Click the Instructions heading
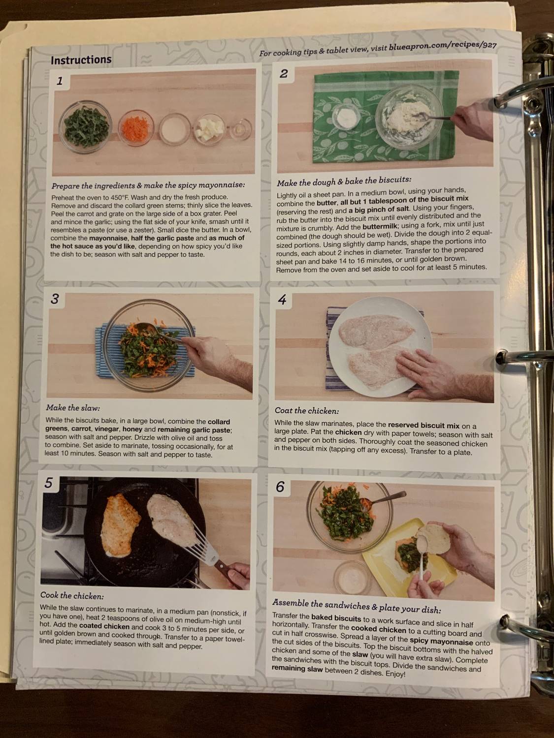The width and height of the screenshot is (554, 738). click(81, 60)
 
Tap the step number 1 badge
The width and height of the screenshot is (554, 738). click(60, 81)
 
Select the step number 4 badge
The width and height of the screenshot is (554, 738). click(282, 300)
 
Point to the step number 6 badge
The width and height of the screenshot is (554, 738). click(280, 487)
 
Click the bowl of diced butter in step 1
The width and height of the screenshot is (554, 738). click(210, 129)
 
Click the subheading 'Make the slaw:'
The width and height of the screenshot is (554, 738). click(72, 408)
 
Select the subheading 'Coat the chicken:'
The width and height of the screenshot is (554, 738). click(306, 411)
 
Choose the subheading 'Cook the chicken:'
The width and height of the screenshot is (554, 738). click(72, 596)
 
